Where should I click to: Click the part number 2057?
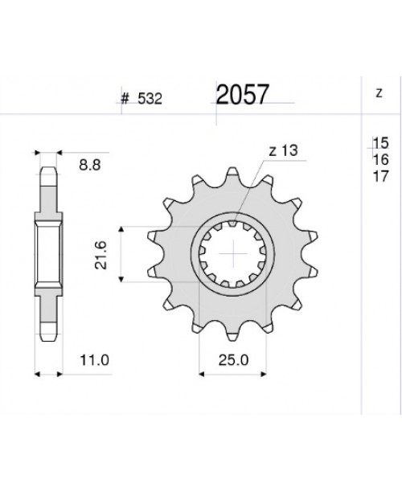(x=243, y=96)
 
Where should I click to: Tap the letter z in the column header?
(x=379, y=92)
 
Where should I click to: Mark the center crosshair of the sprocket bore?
(x=234, y=256)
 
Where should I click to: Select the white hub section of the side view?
(x=47, y=255)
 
